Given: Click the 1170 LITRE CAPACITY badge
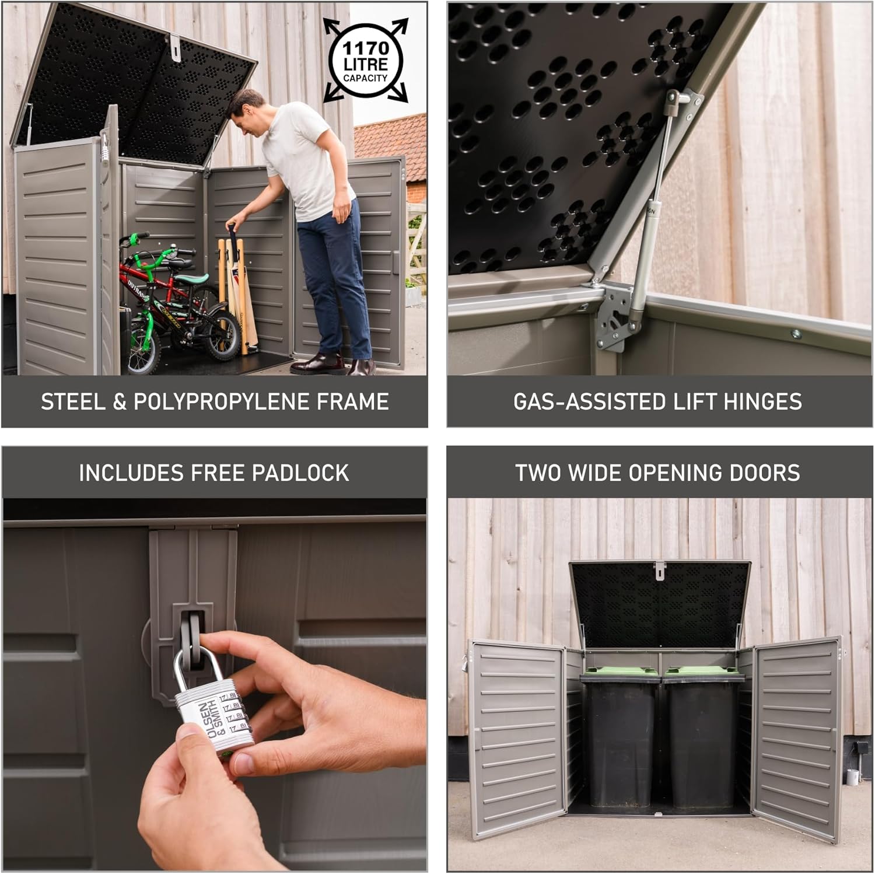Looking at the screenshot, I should pyautogui.click(x=366, y=61).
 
